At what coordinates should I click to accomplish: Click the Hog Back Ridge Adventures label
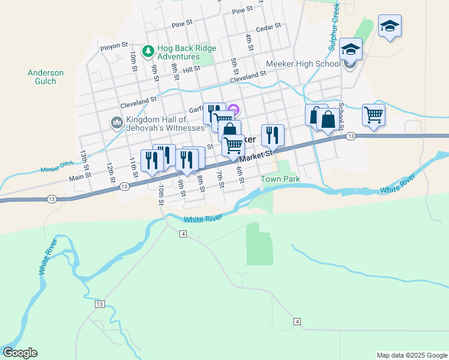coord(186,54)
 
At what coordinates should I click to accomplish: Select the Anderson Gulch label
coord(46,77)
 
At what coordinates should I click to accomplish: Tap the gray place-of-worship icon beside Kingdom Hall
coord(116,122)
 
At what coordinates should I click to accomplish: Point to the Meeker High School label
coord(303,64)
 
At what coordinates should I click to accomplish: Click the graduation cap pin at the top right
coord(390,26)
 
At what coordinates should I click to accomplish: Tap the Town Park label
coord(280,179)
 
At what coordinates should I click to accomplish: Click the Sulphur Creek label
coord(334,26)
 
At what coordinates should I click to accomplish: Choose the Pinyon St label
coord(114,45)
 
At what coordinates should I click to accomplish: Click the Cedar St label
coord(268,27)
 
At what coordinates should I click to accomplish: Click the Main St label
coord(79,176)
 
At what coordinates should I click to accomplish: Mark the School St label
coord(341,115)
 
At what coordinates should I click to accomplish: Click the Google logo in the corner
coord(20,353)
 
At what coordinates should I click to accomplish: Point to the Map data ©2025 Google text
coord(411,355)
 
